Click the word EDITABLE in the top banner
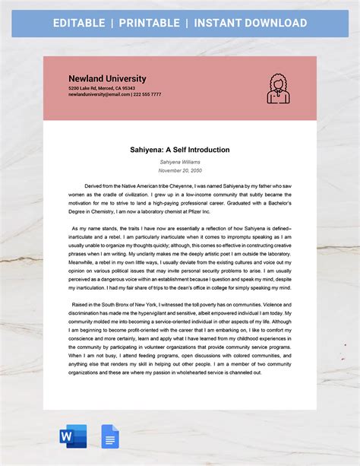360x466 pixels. click(79, 23)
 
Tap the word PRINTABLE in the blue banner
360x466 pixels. click(148, 23)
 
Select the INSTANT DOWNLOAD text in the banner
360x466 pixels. click(251, 23)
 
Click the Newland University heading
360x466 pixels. click(107, 78)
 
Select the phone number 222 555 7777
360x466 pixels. click(147, 94)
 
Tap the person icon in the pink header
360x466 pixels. click(278, 88)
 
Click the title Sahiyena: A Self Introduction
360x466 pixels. click(179, 150)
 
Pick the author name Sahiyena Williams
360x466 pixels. click(179, 162)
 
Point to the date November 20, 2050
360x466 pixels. click(179, 170)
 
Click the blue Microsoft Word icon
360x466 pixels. click(73, 436)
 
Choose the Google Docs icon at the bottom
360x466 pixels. click(110, 436)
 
